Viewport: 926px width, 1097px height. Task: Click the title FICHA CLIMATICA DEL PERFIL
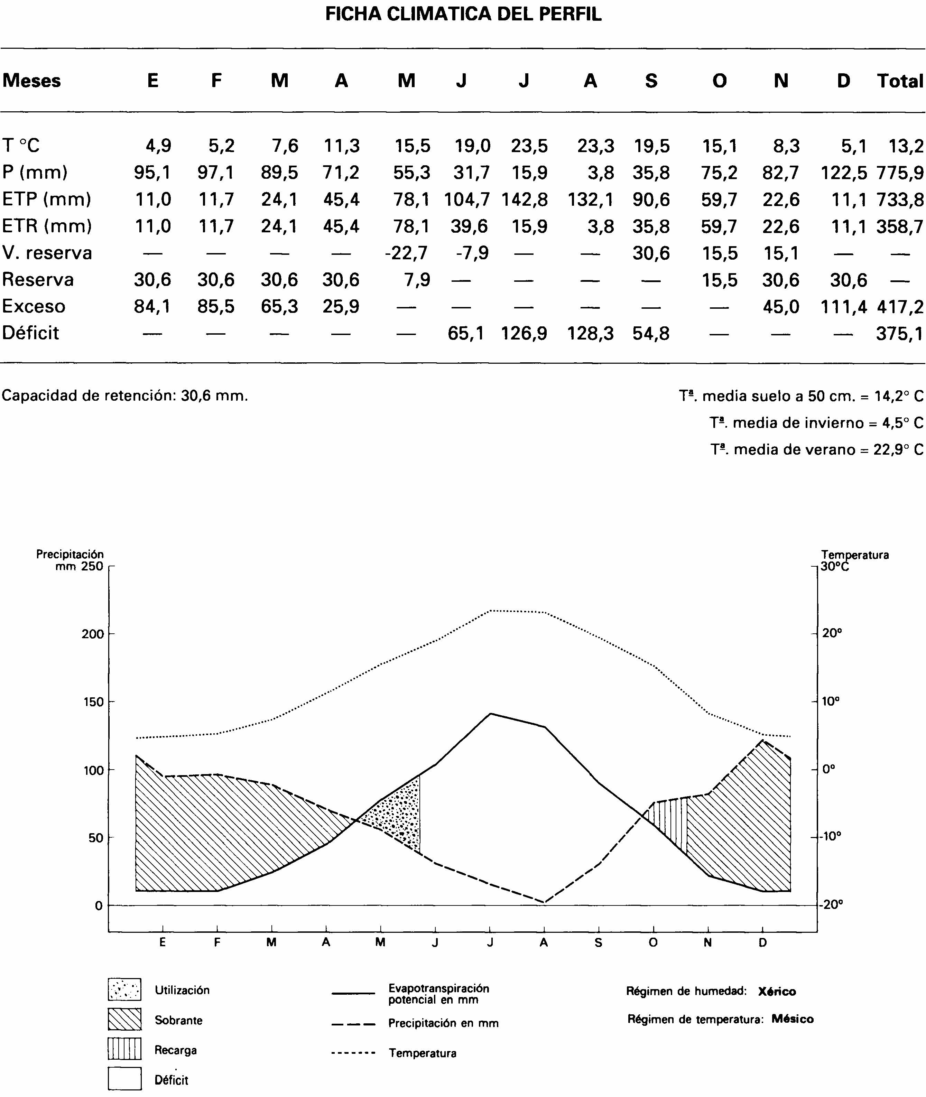[x=463, y=14]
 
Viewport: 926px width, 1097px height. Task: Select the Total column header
[x=900, y=81]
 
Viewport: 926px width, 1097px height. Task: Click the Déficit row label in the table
[x=30, y=333]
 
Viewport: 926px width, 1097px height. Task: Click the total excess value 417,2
[x=900, y=307]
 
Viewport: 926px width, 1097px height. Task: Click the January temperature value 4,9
[x=158, y=146]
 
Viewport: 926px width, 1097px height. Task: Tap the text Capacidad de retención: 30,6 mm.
[x=124, y=396]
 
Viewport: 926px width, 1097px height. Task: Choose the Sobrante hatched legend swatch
[x=124, y=1019]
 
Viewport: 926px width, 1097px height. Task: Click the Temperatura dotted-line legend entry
[x=422, y=1053]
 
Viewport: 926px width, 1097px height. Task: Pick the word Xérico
[x=777, y=992]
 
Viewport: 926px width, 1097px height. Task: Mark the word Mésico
[x=792, y=1019]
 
